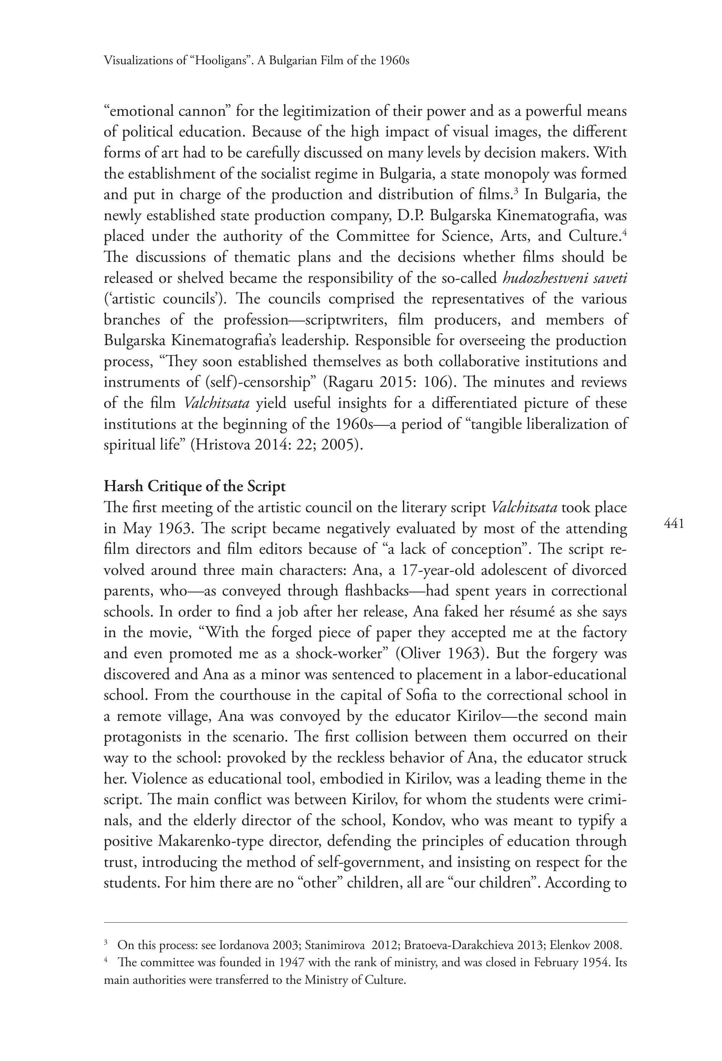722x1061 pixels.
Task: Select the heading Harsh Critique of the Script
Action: [194, 486]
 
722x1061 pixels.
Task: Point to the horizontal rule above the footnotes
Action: [365, 922]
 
